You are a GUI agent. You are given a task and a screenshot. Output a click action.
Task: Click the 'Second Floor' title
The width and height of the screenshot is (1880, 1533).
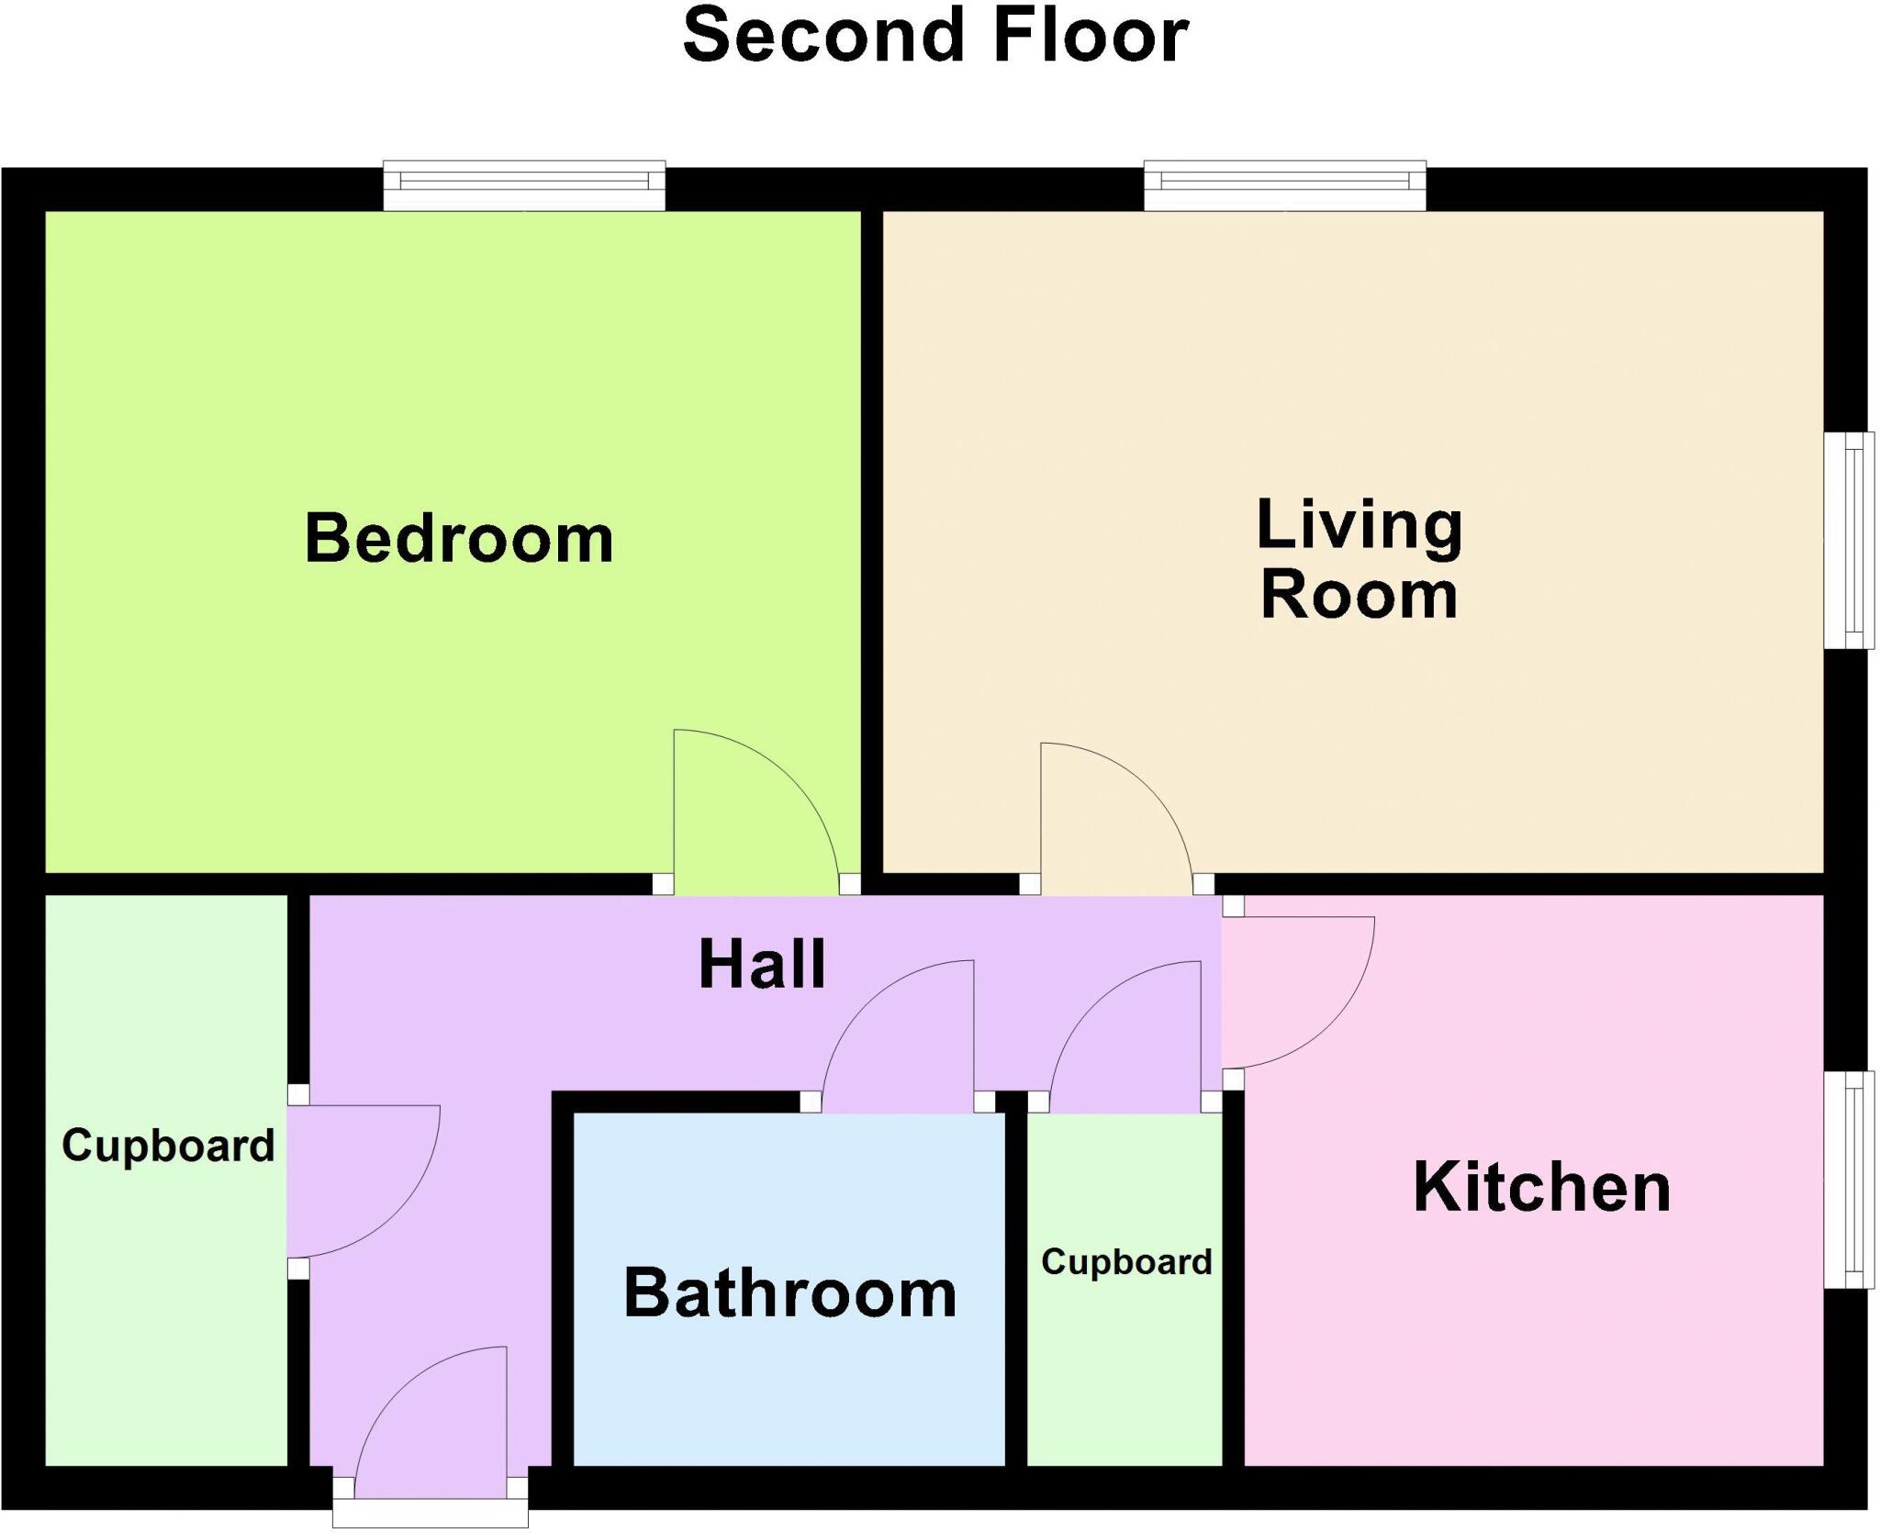click(x=935, y=37)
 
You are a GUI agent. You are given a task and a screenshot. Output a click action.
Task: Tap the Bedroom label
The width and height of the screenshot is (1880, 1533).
click(x=459, y=539)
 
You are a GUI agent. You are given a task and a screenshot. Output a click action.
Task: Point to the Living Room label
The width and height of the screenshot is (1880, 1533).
click(x=1360, y=559)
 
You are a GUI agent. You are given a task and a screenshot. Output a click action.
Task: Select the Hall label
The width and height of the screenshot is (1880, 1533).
click(x=762, y=965)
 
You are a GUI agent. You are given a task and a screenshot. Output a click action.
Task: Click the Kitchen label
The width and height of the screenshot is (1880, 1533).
click(x=1541, y=1188)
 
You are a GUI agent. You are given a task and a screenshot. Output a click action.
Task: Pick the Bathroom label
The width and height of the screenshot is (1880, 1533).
click(x=789, y=1293)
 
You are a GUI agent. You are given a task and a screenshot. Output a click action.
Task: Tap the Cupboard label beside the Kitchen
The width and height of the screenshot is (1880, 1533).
click(x=1126, y=1262)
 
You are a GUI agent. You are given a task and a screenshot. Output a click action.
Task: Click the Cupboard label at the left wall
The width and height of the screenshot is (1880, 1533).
click(x=168, y=1146)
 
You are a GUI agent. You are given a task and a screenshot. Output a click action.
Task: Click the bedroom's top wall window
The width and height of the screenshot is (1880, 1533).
click(x=524, y=185)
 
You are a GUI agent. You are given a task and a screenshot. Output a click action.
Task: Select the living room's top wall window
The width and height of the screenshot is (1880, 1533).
click(x=1284, y=185)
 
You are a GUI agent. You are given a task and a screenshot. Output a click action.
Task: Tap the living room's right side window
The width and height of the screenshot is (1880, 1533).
click(x=1848, y=541)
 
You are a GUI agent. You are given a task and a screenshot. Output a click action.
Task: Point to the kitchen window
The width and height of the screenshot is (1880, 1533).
click(x=1848, y=1180)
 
